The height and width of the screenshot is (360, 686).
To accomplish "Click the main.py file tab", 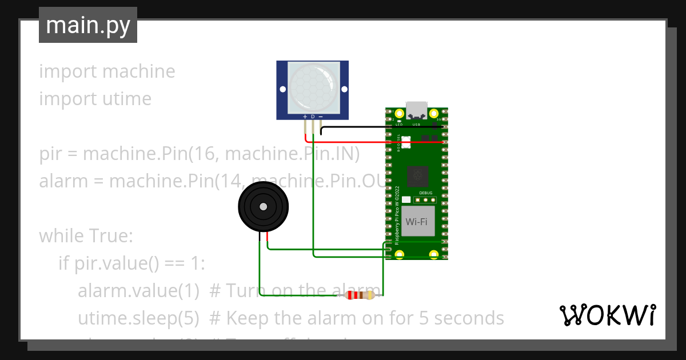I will (87, 25).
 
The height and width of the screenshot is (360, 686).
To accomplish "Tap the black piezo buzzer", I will (263, 207).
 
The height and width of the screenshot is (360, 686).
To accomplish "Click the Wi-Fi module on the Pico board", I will (417, 221).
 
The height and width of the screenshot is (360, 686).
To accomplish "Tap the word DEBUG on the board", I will (426, 193).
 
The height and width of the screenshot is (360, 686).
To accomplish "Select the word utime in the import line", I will (127, 99).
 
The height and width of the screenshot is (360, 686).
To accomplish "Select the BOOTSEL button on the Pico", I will (407, 142).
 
